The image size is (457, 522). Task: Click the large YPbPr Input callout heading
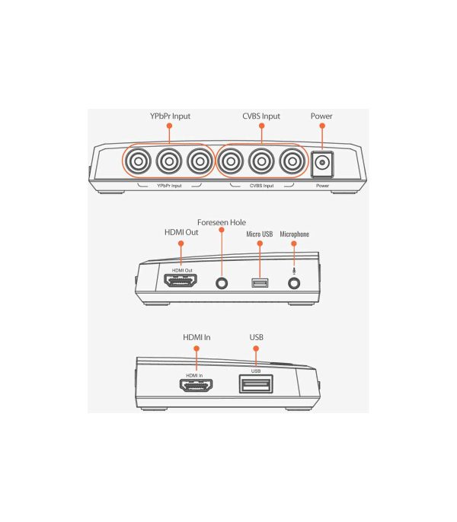pyautogui.click(x=170, y=116)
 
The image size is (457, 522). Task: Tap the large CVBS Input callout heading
pyautogui.click(x=261, y=116)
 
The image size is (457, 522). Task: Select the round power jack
pyautogui.click(x=322, y=163)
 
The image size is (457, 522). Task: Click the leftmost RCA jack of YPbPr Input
pyautogui.click(x=139, y=161)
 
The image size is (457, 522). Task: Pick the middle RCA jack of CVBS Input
pyautogui.click(x=262, y=161)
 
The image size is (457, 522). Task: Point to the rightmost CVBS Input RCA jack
pyautogui.click(x=292, y=161)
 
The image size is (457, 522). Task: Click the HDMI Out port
pyautogui.click(x=181, y=280)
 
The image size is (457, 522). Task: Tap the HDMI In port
pyautogui.click(x=196, y=386)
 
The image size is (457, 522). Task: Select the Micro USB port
pyautogui.click(x=260, y=283)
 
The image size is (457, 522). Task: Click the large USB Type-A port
pyautogui.click(x=256, y=384)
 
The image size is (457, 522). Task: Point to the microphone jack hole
pyautogui.click(x=294, y=284)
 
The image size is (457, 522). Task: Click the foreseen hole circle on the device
pyautogui.click(x=222, y=284)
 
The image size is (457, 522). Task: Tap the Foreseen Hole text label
pyautogui.click(x=222, y=222)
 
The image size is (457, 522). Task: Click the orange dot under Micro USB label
pyautogui.click(x=260, y=243)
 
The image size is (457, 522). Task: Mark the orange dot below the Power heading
pyautogui.click(x=322, y=126)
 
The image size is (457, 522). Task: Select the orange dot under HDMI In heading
pyautogui.click(x=197, y=349)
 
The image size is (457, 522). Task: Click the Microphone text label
pyautogui.click(x=294, y=234)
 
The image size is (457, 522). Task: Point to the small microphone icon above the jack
pyautogui.click(x=294, y=272)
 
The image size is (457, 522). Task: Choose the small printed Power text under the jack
pyautogui.click(x=322, y=186)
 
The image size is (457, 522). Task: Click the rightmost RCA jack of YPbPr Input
pyautogui.click(x=200, y=161)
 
